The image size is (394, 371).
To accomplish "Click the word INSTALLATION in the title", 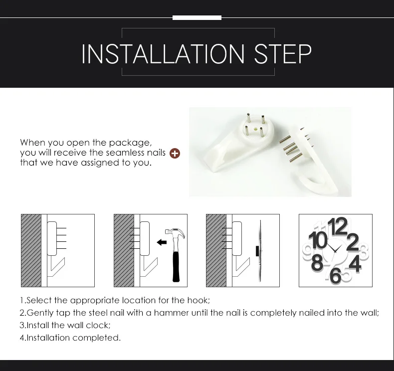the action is point(163,54).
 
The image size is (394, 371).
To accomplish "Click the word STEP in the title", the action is point(283,54).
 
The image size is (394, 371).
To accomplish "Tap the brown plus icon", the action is point(175,153).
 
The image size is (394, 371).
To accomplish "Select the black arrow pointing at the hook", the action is point(162,242).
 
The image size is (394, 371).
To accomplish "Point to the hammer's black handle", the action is point(176,267).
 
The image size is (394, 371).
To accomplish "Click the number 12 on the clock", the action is point(338,226).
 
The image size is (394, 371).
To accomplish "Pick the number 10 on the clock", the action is point(318,240).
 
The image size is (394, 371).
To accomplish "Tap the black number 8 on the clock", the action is point(317,262).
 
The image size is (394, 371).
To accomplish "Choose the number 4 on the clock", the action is point(355,263).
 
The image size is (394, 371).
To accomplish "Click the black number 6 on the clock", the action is point(335,275).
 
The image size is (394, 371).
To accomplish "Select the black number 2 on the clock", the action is point(352,242).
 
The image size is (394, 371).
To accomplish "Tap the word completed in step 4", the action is point(96,338).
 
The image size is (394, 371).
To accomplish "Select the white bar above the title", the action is point(197,17).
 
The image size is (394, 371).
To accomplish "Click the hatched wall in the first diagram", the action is point(31,250).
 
